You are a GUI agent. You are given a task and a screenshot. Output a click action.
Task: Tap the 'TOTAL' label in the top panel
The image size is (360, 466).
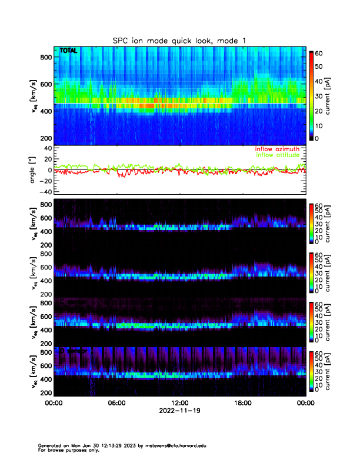click(x=68, y=51)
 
